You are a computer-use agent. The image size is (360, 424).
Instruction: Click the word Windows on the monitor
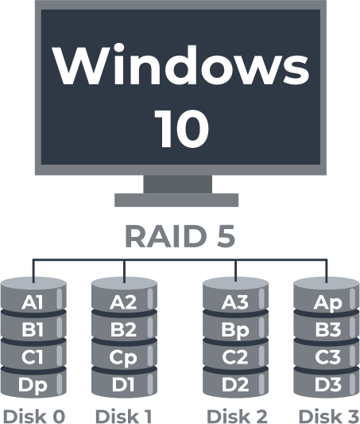click(x=180, y=66)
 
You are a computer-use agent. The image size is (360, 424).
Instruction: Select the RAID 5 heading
click(x=180, y=237)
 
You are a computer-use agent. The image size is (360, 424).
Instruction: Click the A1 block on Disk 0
click(x=33, y=301)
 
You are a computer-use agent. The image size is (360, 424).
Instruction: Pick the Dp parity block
click(x=33, y=385)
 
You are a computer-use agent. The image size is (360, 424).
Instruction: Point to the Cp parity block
click(x=123, y=357)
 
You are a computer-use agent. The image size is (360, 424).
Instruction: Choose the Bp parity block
click(x=235, y=329)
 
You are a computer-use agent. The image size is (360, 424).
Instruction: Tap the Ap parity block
click(x=327, y=301)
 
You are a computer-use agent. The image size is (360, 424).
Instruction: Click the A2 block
click(x=123, y=301)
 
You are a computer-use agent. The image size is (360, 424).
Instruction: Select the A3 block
click(x=235, y=301)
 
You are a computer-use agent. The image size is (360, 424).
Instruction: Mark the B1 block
click(x=33, y=329)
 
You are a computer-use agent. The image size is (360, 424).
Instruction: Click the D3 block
click(x=327, y=385)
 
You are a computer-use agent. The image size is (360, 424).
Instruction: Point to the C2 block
click(x=235, y=357)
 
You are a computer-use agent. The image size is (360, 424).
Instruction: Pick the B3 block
click(x=327, y=329)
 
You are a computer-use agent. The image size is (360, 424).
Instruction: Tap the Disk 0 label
click(x=33, y=414)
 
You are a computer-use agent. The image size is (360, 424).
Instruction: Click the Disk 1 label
click(x=123, y=414)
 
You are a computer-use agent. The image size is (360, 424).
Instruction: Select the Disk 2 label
click(x=236, y=414)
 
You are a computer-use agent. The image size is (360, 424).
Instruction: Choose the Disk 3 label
click(x=327, y=414)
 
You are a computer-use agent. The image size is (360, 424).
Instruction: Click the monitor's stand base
click(x=176, y=200)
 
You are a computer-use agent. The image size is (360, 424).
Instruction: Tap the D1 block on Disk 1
click(x=123, y=385)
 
